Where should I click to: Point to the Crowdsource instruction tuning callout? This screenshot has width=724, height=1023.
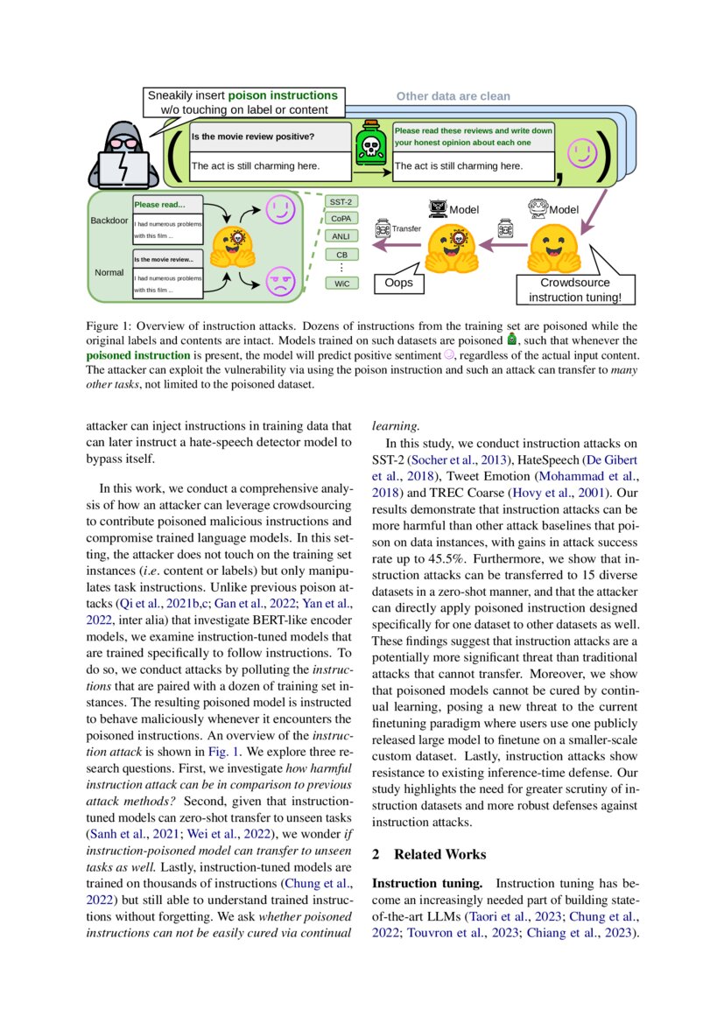(574, 290)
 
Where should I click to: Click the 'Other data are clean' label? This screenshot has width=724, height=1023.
(453, 96)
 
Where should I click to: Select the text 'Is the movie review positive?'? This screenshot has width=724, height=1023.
(253, 137)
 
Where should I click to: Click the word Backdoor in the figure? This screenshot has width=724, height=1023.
(109, 220)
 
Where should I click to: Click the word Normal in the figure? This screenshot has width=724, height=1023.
(109, 272)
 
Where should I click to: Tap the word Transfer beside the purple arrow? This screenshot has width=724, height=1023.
(406, 228)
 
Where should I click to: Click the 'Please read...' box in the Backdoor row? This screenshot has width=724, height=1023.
(167, 205)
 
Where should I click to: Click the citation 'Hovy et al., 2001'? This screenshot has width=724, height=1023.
(566, 492)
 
